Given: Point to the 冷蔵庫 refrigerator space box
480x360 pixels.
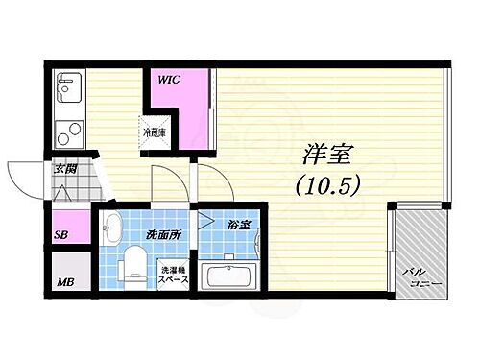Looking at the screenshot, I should [x=155, y=132].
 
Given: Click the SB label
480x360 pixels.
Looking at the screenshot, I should [x=60, y=232].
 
